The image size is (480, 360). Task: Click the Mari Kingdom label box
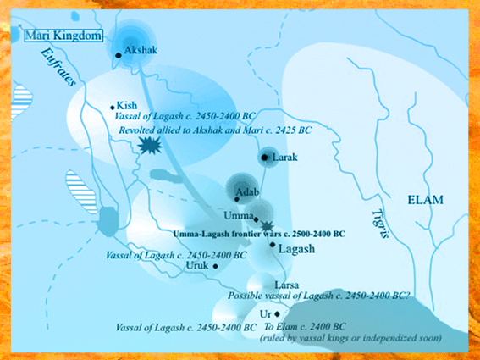point(62,36)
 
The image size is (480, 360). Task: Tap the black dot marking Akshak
point(119,54)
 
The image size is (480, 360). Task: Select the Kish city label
point(127,106)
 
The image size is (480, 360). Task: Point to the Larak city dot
point(266,158)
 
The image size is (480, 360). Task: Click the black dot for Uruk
point(216,266)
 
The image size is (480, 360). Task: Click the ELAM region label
point(425,200)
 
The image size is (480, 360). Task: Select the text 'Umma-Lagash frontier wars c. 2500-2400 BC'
point(257,233)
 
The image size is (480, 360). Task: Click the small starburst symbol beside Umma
point(266,224)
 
